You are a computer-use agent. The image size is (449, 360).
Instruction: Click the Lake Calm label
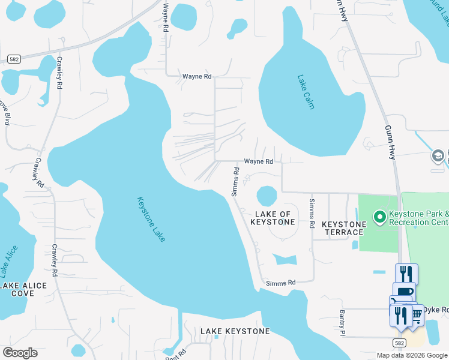click(x=306, y=92)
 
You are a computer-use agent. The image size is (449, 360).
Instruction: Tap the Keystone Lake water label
click(x=151, y=219)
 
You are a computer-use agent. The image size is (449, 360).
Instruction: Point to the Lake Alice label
click(x=11, y=262)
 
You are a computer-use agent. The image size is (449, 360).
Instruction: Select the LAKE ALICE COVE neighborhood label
click(x=23, y=289)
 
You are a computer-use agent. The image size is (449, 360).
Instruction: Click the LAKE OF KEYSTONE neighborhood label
click(x=274, y=218)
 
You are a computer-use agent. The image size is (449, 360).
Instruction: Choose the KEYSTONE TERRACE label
click(x=344, y=228)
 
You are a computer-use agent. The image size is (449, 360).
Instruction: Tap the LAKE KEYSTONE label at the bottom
click(x=235, y=331)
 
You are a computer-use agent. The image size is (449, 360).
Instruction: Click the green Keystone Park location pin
click(x=379, y=217)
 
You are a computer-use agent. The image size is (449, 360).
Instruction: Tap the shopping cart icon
click(x=414, y=314)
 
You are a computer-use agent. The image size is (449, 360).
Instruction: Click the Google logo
click(x=20, y=353)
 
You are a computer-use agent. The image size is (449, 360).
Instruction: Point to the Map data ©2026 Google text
click(x=411, y=355)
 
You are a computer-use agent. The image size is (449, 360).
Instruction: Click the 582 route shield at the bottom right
click(x=400, y=342)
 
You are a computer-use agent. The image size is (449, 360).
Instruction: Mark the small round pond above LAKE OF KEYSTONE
click(x=267, y=196)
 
